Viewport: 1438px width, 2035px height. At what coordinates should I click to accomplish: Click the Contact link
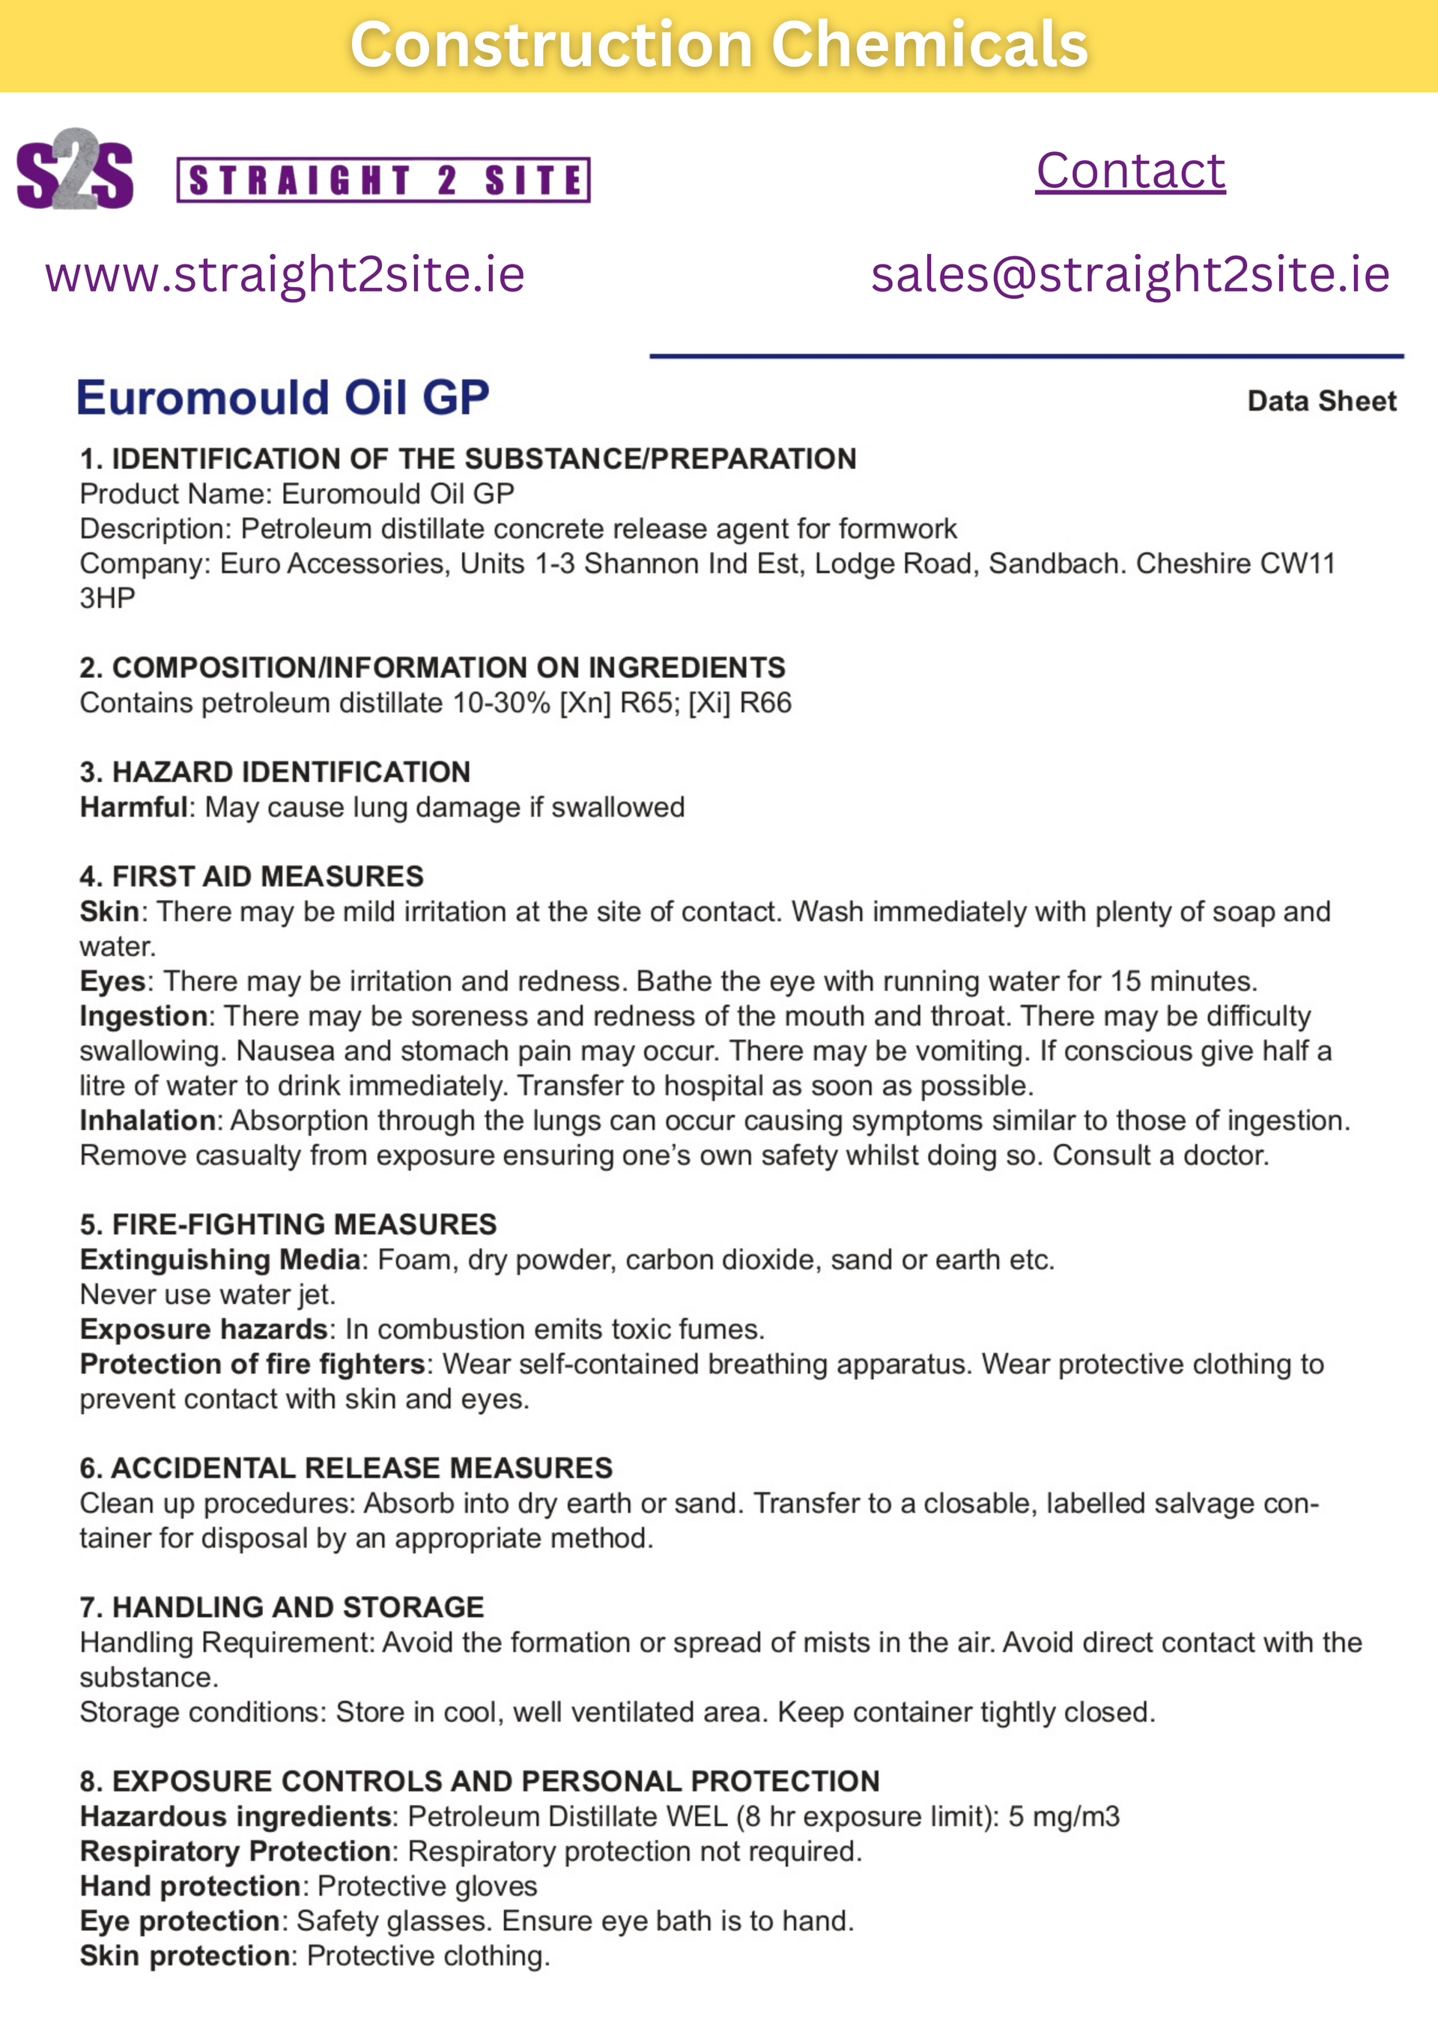(x=1131, y=170)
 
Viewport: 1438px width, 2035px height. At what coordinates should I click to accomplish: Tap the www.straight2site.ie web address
(x=285, y=274)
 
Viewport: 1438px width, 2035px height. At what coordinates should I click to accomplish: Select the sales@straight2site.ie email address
(x=1129, y=274)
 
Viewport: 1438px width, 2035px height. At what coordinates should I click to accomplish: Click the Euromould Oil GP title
(x=282, y=397)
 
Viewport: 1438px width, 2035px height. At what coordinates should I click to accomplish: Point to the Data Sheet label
(x=1321, y=402)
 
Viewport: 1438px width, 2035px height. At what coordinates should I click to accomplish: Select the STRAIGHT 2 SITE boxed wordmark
(x=383, y=181)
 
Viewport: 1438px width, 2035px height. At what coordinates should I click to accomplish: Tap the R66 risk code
(x=765, y=703)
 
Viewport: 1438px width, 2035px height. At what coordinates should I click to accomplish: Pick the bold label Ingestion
(x=142, y=1016)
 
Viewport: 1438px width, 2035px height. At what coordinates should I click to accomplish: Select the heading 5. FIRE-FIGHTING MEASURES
(x=288, y=1224)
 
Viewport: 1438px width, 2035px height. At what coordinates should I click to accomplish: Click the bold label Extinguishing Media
(x=219, y=1260)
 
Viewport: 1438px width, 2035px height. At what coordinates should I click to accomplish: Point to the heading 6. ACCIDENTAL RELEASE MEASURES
(x=345, y=1468)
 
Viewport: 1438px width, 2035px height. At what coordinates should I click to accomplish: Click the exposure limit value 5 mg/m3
(x=1064, y=1816)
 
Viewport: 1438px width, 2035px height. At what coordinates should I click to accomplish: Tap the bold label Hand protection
(x=190, y=1886)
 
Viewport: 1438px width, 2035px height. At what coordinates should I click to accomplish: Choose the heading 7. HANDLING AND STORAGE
(x=282, y=1607)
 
